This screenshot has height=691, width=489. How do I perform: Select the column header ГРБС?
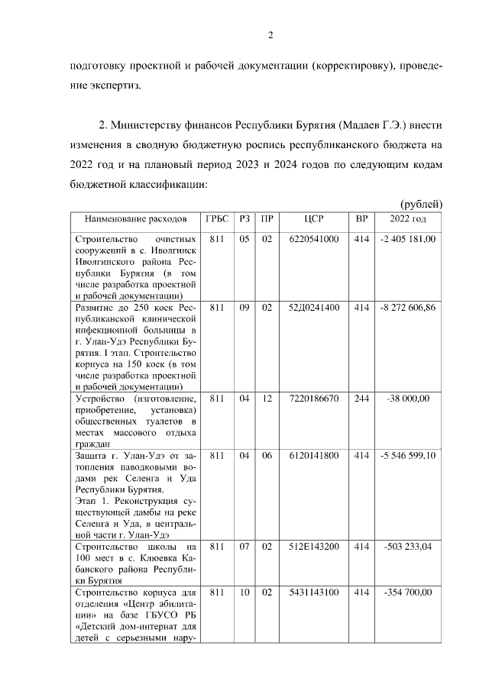click(217, 218)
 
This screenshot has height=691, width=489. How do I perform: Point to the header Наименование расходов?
click(135, 218)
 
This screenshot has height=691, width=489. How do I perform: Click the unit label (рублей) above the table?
click(421, 203)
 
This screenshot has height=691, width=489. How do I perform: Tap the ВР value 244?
click(361, 398)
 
